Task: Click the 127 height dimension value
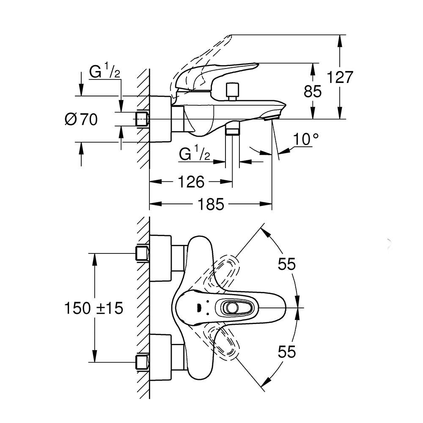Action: tap(340, 77)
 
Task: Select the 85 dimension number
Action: tap(313, 91)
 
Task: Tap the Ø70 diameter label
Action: tap(81, 120)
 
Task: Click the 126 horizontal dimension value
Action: tap(190, 182)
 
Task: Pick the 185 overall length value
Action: tap(210, 205)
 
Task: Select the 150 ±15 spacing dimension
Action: tap(94, 308)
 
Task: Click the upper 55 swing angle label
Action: tap(286, 264)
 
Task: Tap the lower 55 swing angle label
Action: tap(286, 352)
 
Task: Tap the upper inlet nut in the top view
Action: tap(142, 253)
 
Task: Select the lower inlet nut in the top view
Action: tap(142, 362)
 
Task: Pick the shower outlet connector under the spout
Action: tap(232, 129)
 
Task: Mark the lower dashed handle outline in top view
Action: tap(224, 343)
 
